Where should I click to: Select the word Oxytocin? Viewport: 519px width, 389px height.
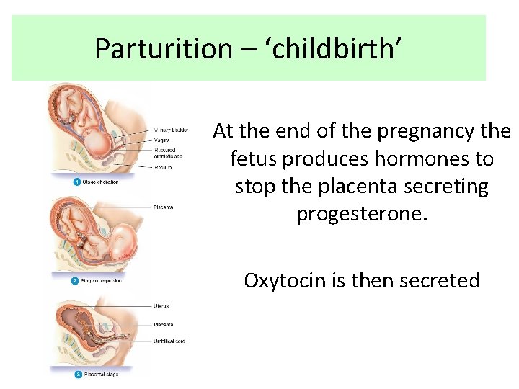[x=285, y=280]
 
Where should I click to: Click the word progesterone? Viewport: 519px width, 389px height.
[x=362, y=214]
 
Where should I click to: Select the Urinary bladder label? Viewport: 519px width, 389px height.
[x=171, y=130]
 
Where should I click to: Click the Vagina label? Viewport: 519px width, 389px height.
[x=161, y=139]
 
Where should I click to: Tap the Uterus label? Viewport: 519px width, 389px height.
[x=161, y=306]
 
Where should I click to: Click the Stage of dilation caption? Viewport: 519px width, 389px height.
[x=99, y=182]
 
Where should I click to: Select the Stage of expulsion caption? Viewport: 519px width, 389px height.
[x=101, y=280]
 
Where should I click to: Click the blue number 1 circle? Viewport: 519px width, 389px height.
[x=76, y=182]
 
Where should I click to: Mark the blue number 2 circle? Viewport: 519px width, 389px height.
[x=75, y=280]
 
